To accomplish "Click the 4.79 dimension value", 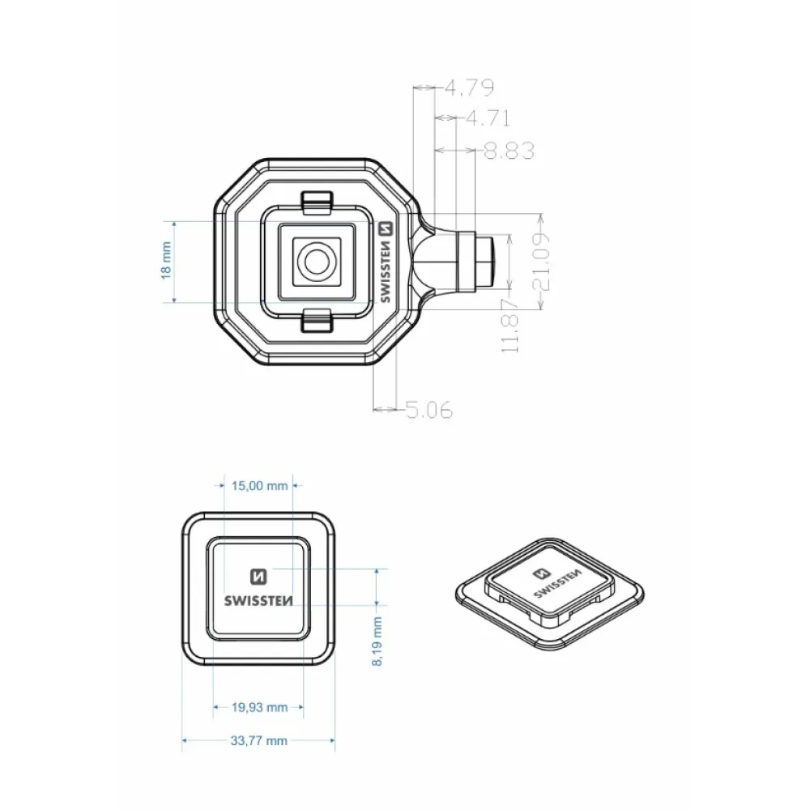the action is pos(469,87).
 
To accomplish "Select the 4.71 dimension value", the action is pos(488,118).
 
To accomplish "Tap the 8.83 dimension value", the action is pos(509,151).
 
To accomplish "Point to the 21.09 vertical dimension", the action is pos(540,262).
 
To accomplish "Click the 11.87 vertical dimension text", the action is pos(509,326).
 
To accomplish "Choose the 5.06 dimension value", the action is pos(428,410).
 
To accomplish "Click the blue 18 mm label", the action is pos(166,261).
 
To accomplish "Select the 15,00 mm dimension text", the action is pos(259,486).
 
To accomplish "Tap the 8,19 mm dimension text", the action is pos(377,641).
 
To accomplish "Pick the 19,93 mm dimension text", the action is pos(259,707).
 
